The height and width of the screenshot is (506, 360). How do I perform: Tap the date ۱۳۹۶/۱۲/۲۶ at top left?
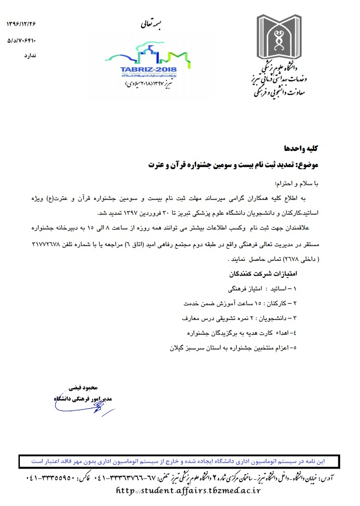tap(21, 23)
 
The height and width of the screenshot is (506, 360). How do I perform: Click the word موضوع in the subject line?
tap(307, 164)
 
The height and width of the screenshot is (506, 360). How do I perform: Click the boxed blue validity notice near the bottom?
tap(180, 461)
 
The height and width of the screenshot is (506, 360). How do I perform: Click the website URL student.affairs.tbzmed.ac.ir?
tap(188, 490)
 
